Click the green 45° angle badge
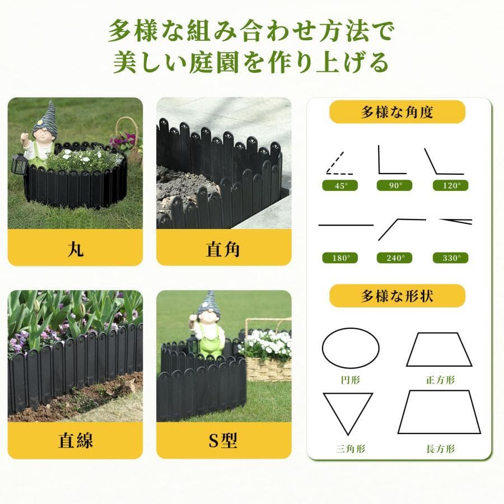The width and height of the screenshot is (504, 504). [340, 185]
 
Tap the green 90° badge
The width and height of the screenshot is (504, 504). [394, 185]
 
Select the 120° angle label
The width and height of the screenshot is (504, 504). [450, 185]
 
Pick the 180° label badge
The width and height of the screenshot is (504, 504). [340, 258]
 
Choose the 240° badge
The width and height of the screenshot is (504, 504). [394, 258]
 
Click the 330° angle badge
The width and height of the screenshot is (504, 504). [450, 258]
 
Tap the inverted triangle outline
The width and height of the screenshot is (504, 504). [336, 414]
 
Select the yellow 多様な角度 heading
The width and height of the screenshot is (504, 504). [397, 112]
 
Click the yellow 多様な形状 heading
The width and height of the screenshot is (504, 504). [397, 296]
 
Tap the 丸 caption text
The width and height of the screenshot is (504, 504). [76, 249]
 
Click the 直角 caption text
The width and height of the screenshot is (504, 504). [223, 249]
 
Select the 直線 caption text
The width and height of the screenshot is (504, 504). [76, 440]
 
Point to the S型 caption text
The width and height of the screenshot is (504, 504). [223, 440]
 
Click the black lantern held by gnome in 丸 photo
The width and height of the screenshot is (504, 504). [19, 164]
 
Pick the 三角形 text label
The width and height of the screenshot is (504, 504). [351, 449]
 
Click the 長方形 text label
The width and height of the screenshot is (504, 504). [440, 449]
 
